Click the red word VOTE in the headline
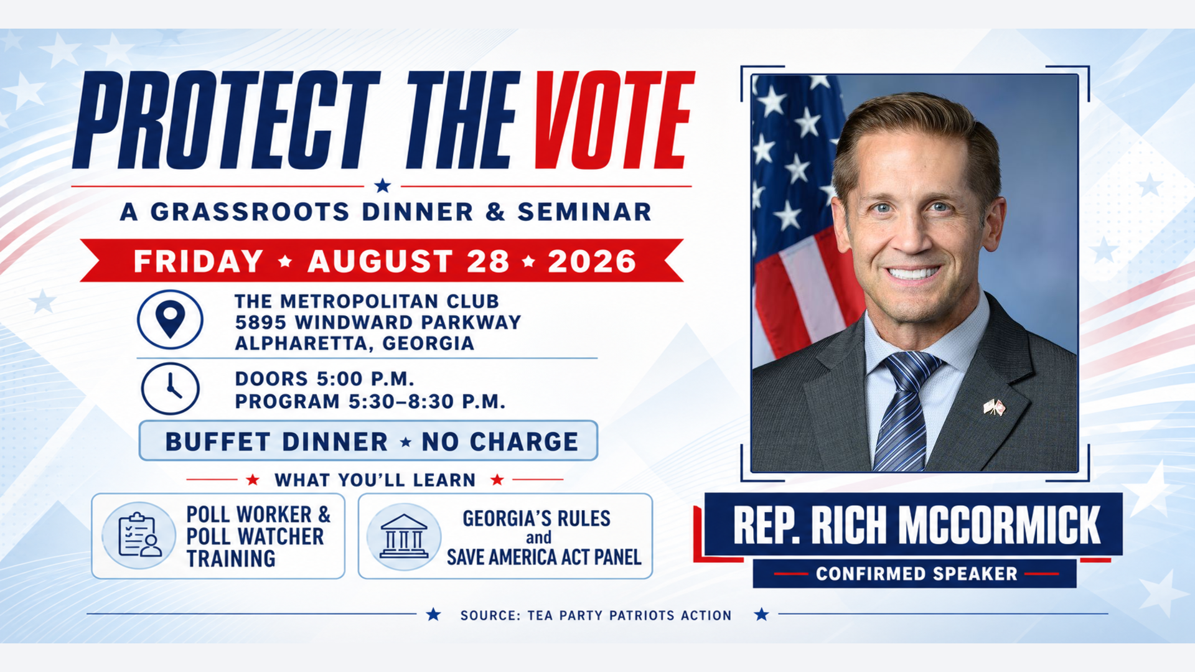(x=614, y=120)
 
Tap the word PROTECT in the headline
(x=226, y=120)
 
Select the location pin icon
(x=170, y=319)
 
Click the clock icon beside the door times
(x=170, y=389)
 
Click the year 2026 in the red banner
(x=592, y=261)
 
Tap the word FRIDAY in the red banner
(x=199, y=261)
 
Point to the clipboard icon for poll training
(x=139, y=535)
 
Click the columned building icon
(x=404, y=536)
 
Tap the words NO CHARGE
(x=500, y=442)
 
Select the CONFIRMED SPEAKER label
(x=916, y=574)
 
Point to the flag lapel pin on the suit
(x=995, y=408)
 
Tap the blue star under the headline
(x=383, y=185)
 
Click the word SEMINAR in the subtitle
(x=584, y=212)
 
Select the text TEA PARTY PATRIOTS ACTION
(x=629, y=615)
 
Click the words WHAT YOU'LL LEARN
(x=375, y=480)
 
